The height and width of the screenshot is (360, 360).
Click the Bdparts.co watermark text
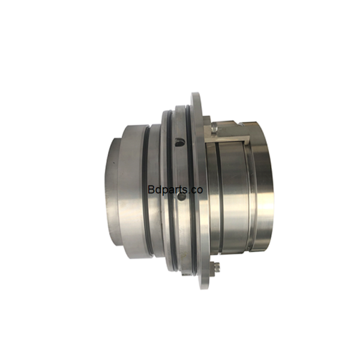[x=175, y=190]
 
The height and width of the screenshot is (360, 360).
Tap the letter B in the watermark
[x=151, y=190]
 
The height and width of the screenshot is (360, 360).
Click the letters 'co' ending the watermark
[x=197, y=190]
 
